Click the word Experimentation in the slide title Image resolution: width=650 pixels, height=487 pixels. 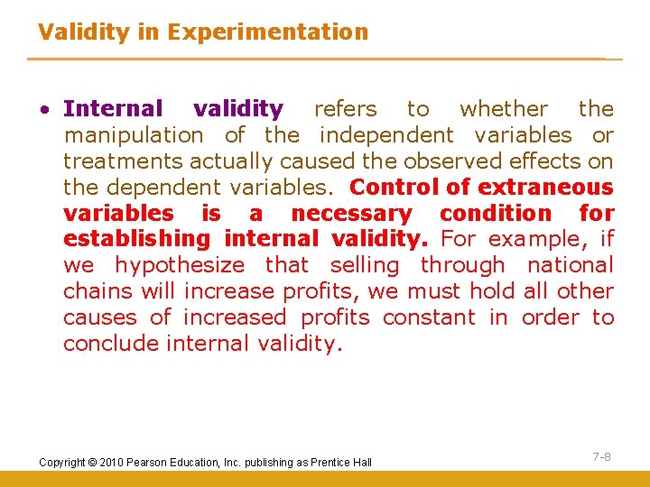point(268,32)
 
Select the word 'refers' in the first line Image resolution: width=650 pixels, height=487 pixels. point(345,109)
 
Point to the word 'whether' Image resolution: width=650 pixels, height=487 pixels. point(504,109)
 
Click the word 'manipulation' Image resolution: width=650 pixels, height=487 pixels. point(134,135)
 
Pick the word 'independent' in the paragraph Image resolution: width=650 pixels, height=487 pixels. point(386,135)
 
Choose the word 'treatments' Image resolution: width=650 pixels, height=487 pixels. point(123,161)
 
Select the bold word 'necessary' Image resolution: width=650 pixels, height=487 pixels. point(351,214)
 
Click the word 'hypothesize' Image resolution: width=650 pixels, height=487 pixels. point(180,265)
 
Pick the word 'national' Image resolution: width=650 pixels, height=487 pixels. point(570,265)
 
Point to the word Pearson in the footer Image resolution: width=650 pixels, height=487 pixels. point(150,463)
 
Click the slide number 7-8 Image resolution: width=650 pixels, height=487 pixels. point(601,457)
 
